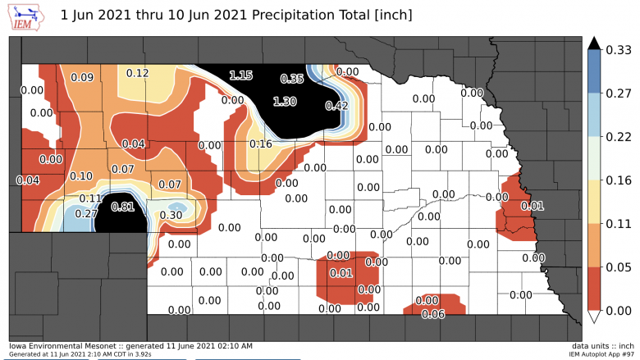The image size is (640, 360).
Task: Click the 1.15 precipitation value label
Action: (241, 75)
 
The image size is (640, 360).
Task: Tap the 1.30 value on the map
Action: (284, 101)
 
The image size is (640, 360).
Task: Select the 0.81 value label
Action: (121, 207)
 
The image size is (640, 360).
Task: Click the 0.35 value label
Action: (292, 79)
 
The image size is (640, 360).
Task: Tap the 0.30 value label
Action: (171, 216)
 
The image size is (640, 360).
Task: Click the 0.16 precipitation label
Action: (260, 144)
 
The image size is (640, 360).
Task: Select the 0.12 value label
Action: (137, 73)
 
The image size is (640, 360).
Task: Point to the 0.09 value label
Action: (82, 78)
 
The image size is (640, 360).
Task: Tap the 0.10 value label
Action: (80, 176)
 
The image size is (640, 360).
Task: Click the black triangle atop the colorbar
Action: (595, 43)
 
